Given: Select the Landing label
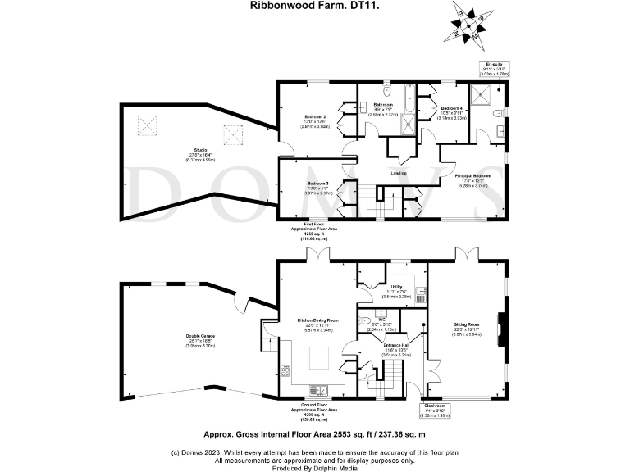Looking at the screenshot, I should [399, 173].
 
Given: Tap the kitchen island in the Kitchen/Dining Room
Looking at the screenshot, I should [318, 357].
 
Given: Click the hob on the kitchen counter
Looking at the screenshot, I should [287, 371].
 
